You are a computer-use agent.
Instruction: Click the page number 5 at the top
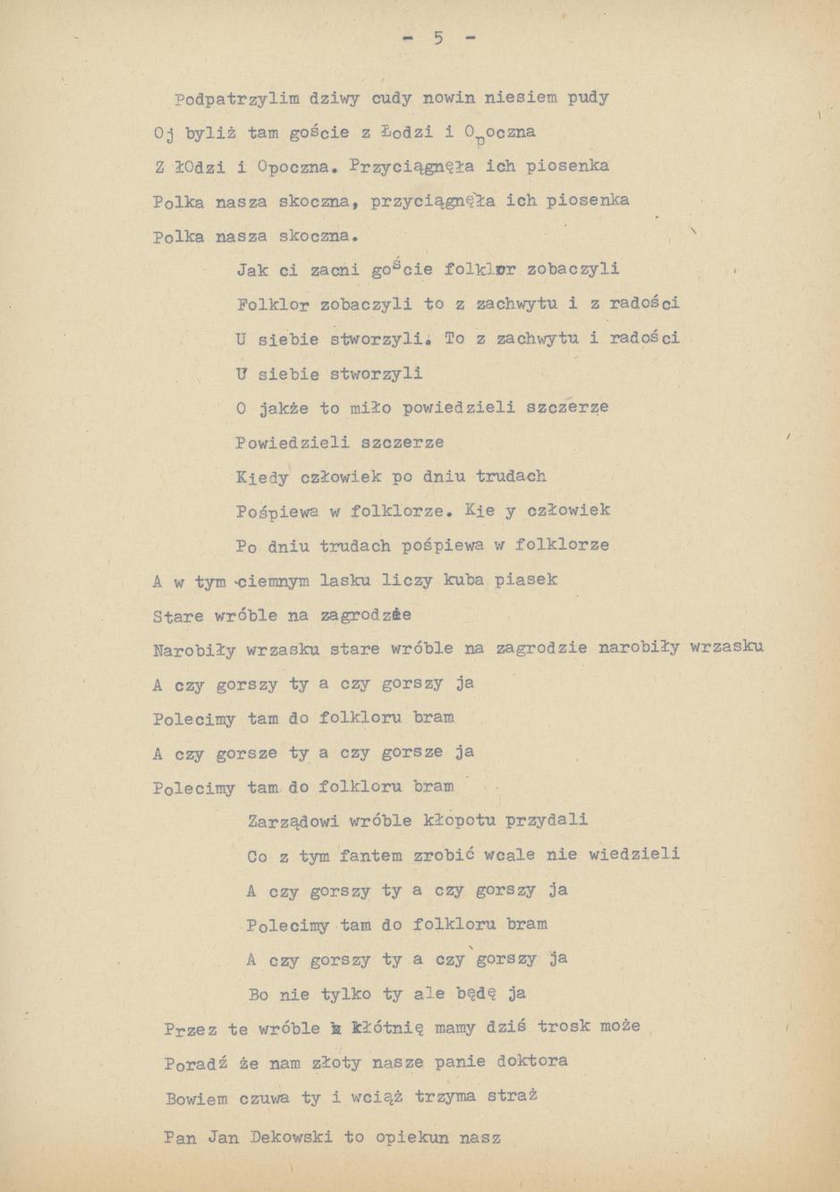point(438,38)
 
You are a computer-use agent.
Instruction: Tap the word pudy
point(588,97)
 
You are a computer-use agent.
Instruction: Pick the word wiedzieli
point(634,854)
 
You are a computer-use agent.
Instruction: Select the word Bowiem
point(196,1098)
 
